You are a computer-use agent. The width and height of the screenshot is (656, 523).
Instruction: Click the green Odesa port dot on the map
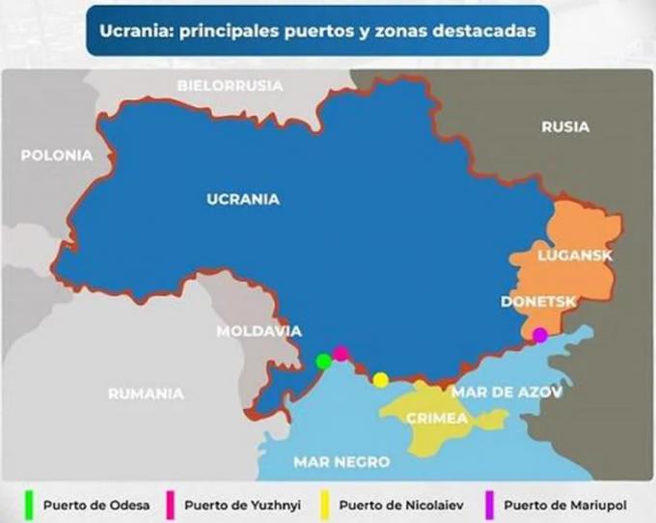[324, 361]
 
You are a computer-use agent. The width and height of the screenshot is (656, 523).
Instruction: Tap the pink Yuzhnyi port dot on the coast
[341, 353]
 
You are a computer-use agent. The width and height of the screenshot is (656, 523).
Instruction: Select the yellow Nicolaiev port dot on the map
[381, 379]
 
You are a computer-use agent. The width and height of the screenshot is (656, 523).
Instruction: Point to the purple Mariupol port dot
[540, 335]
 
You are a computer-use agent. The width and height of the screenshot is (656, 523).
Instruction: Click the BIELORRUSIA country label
[231, 86]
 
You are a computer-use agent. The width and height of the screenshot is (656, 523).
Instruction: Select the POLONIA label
[57, 154]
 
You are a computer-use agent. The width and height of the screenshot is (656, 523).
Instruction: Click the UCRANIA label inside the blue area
[242, 200]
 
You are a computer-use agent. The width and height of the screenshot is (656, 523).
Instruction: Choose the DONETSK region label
[538, 302]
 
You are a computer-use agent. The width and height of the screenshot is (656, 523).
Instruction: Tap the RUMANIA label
[146, 393]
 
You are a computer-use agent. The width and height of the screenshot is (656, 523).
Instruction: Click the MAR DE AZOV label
[506, 393]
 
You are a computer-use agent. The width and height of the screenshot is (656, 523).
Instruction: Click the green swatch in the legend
[29, 504]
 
